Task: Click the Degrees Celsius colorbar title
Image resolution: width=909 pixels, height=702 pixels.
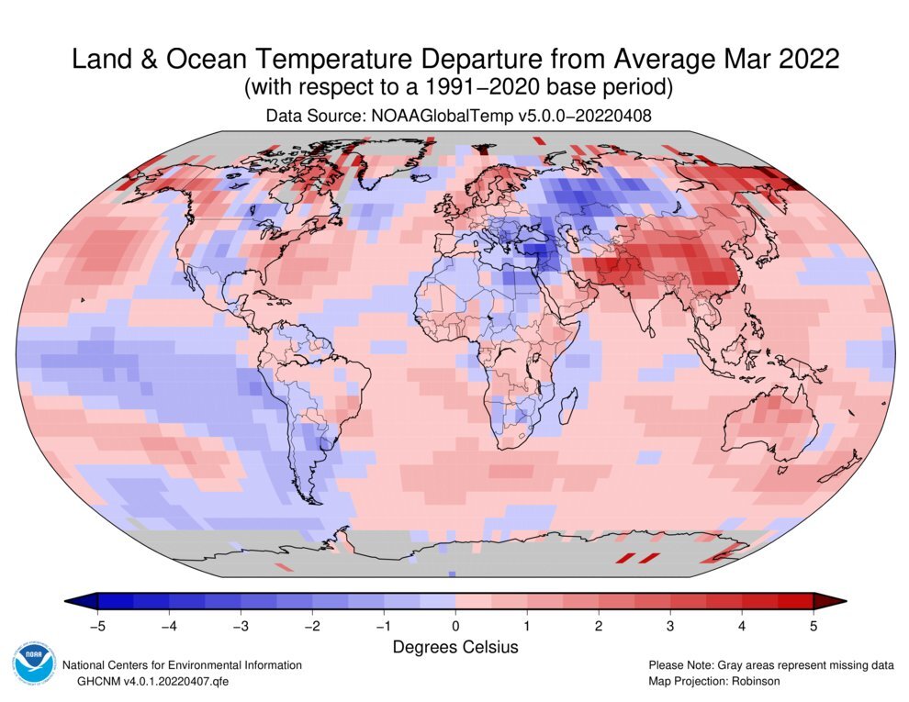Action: tap(455, 648)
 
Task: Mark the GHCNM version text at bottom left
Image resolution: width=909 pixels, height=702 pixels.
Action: tap(143, 682)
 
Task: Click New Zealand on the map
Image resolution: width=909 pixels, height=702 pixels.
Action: tap(841, 467)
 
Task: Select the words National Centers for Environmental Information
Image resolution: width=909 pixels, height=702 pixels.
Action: tap(181, 665)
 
